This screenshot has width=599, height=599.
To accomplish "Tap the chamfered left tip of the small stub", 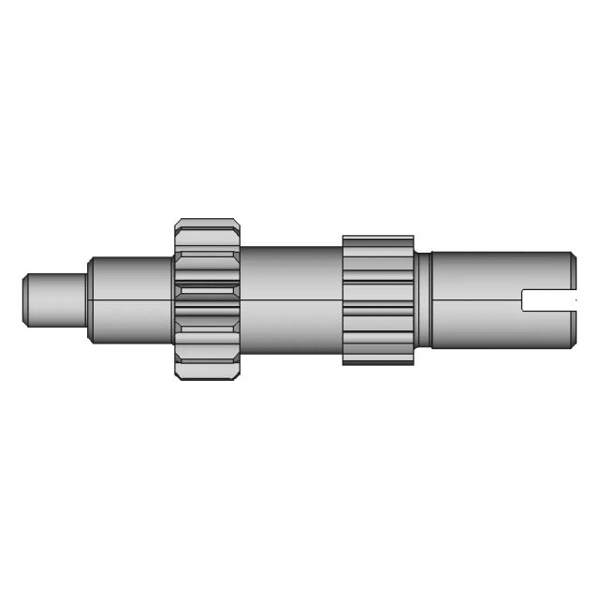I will (x=27, y=299).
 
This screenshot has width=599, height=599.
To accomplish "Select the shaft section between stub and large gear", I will (x=131, y=299).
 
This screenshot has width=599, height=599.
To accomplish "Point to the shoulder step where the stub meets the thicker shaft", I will (x=90, y=299).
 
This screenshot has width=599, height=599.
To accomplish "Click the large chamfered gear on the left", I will (x=207, y=299).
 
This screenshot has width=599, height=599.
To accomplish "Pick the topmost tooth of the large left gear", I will (x=207, y=226).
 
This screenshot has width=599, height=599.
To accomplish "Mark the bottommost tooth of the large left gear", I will (x=207, y=373).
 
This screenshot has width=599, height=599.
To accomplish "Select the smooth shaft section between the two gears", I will (x=290, y=299).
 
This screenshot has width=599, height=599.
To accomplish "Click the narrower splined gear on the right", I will (x=378, y=299).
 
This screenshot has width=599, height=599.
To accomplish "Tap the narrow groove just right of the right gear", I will (x=422, y=299).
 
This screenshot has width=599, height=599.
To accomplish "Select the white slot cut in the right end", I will (x=548, y=300).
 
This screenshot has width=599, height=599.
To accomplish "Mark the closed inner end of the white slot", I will (x=524, y=300).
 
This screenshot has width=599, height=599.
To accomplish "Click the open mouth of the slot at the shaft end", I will (x=573, y=300).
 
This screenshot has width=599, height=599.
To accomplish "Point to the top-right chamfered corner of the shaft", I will (x=572, y=255).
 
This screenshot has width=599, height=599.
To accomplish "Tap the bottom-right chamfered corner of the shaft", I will (x=572, y=345).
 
